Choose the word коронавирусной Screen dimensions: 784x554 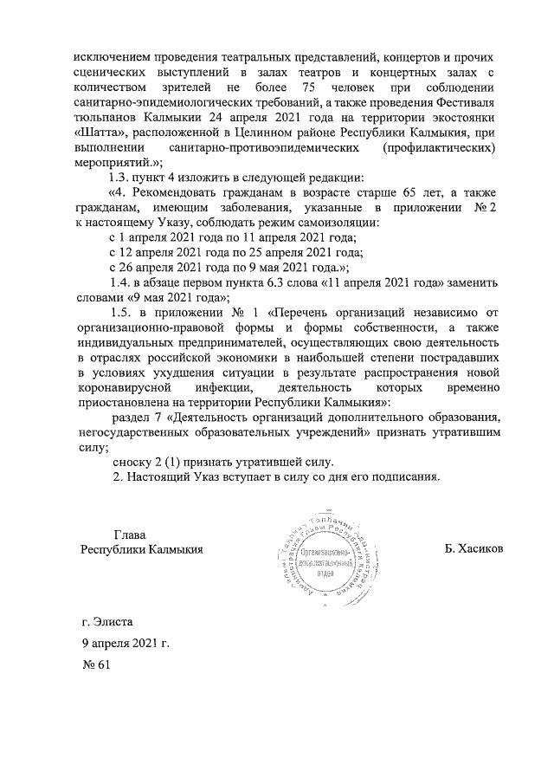pos(119,388)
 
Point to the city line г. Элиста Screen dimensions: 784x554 pos(106,620)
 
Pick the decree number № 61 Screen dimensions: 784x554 pos(93,668)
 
